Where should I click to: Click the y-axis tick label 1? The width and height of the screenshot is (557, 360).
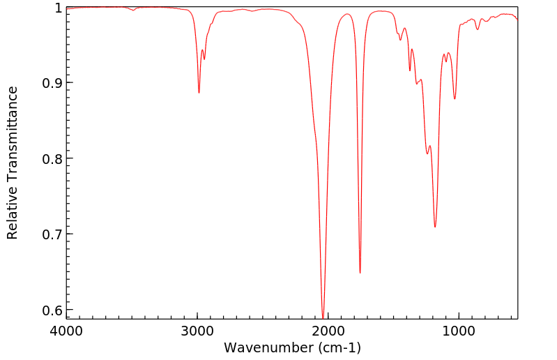58,8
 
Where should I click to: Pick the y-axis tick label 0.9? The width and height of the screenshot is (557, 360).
52,83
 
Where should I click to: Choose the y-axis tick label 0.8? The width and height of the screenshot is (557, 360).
52,158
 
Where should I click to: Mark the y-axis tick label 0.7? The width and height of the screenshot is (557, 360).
52,234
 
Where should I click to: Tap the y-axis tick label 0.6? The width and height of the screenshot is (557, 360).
52,309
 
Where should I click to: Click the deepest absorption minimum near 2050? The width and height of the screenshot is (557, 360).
323,316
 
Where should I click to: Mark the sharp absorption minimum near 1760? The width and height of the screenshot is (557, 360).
360,273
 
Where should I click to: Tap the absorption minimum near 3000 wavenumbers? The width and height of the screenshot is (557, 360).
199,93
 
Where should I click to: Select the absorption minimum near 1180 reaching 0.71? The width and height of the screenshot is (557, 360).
435,227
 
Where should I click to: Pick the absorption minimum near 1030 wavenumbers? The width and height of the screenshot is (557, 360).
455,98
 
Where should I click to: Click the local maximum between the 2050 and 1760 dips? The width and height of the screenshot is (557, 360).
346,14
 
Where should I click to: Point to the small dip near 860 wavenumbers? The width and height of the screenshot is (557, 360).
478,29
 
